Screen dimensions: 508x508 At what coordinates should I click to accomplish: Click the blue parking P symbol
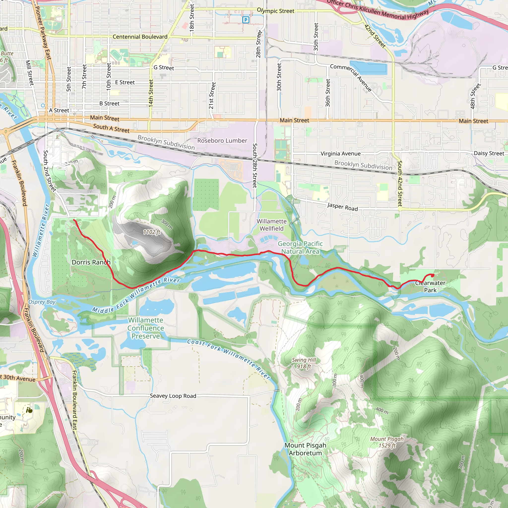pos(246,20)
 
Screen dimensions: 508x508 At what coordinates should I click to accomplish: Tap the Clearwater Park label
pos(430,286)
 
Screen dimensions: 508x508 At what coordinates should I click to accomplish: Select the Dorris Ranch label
pos(91,262)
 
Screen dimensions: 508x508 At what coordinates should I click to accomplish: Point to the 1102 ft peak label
pos(152,232)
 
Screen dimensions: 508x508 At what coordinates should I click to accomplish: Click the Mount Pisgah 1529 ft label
pos(387,442)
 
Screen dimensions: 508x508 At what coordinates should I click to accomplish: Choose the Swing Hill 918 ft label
pos(304,363)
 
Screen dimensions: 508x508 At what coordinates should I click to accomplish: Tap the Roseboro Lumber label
pos(222,141)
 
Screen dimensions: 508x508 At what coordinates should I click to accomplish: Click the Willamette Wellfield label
pos(272,225)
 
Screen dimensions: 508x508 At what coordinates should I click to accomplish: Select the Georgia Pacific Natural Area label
pos(300,247)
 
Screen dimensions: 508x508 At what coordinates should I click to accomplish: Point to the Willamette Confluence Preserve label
pos(146,328)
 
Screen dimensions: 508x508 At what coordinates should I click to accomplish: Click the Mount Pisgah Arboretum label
pos(305,449)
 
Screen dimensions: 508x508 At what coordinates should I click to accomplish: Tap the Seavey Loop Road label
pos(173,396)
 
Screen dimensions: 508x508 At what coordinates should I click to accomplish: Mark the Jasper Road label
pos(342,207)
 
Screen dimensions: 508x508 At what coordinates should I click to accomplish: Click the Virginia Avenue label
pos(341,154)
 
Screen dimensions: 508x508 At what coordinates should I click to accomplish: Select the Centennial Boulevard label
pos(140,37)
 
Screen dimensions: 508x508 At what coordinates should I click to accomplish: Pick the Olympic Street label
pos(276,11)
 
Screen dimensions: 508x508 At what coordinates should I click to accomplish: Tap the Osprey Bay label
pos(42,302)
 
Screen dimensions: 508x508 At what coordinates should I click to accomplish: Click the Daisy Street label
pos(489,153)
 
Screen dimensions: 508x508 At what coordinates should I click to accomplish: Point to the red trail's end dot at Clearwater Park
pos(433,275)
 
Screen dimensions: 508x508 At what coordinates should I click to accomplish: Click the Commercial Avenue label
pos(351,78)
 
